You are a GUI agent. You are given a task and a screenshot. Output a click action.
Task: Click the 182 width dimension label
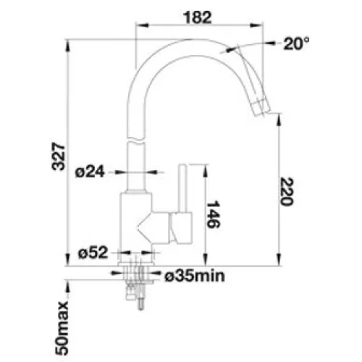198,17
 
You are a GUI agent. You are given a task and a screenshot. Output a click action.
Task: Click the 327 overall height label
59,157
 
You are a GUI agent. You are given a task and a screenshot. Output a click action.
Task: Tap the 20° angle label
296,43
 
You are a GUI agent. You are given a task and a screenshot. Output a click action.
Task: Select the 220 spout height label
287,191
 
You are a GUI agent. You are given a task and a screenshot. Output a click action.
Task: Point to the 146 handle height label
214,214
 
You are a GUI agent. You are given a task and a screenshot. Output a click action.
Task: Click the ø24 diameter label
90,172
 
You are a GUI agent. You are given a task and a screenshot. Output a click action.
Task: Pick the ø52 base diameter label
93,253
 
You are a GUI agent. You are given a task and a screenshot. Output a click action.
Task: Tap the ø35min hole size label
195,276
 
